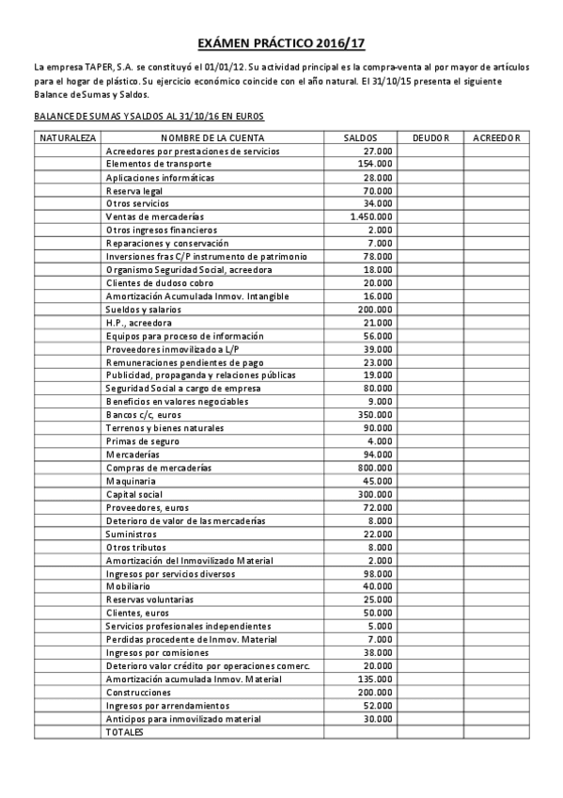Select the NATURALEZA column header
(x=68, y=138)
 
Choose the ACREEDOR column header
(x=497, y=138)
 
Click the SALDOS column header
(x=361, y=138)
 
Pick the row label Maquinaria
(x=130, y=481)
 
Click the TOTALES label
(x=125, y=732)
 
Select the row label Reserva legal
(x=134, y=190)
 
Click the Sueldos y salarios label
(x=144, y=310)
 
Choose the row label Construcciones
(x=137, y=692)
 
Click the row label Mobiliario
(x=128, y=586)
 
